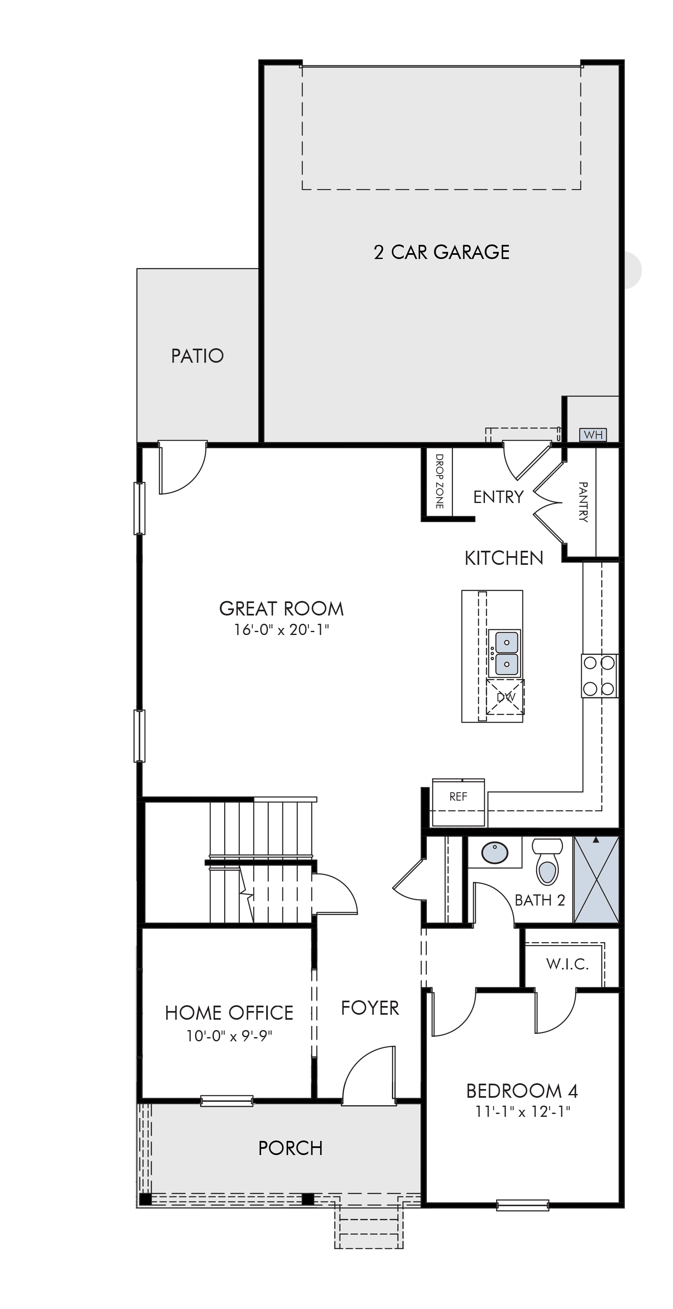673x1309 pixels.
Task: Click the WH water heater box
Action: point(593,435)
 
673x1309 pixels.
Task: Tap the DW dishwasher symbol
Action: point(505,697)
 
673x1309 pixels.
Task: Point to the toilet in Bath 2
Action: point(548,861)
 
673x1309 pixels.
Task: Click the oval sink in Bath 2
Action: point(494,853)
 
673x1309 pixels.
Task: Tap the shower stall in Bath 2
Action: point(596,879)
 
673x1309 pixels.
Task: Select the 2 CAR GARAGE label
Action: point(442,252)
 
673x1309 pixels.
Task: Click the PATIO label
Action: point(197,356)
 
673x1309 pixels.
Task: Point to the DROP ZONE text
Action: point(440,481)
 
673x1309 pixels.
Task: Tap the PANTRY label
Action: point(583,502)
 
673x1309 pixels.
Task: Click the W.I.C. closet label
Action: point(567,963)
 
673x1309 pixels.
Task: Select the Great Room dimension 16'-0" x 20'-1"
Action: point(281,630)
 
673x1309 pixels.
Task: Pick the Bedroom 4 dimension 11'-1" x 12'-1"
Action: point(523,1112)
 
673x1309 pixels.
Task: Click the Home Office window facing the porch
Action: point(227,1101)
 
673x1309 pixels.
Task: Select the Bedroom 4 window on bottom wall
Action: point(523,1205)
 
